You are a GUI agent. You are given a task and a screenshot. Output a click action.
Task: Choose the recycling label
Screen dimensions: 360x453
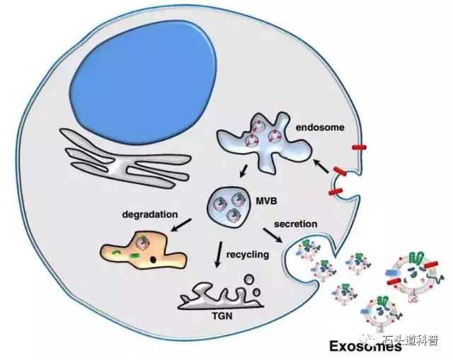pos(248,254)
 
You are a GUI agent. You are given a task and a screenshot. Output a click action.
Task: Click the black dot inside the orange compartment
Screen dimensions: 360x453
pos(153,263)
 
